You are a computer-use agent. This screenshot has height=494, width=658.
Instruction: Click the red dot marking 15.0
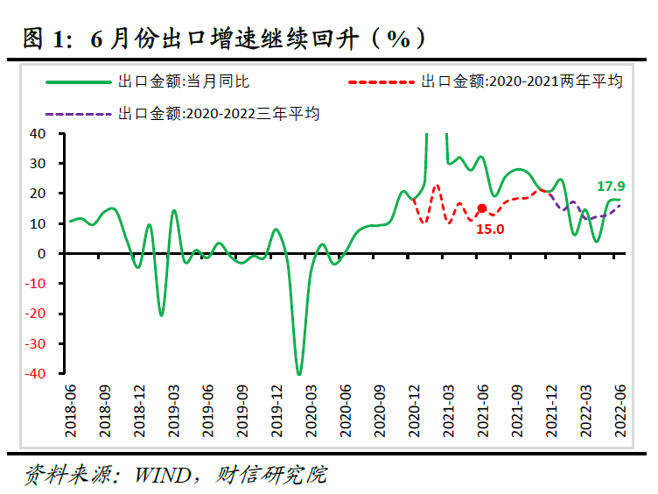pos(481,208)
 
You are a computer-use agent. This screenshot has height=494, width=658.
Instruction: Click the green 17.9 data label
pos(612,186)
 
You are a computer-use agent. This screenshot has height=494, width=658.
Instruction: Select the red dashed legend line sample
pos(381,81)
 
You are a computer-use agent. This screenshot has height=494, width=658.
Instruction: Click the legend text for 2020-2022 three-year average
pos(219,113)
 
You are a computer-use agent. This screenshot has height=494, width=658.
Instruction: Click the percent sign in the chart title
pos(399,39)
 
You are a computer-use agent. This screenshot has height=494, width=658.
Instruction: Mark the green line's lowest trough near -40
pos(298,374)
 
